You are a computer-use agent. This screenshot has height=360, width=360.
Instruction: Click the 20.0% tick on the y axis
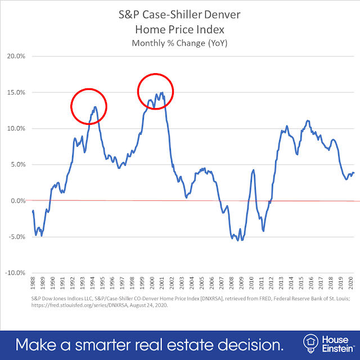pos(19,56)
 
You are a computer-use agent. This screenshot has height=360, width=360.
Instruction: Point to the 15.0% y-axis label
pos(19,92)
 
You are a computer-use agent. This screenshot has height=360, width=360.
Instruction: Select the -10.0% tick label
pos(17,273)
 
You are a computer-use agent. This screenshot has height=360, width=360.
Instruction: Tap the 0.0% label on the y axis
pos(20,201)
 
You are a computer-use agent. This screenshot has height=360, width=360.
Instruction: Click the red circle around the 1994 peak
pos(88,106)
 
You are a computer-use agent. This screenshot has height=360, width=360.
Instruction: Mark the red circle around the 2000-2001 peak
pos(156,91)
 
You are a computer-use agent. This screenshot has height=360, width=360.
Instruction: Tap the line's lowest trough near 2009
pos(242,240)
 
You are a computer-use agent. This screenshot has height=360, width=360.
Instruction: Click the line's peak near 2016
pos(307,120)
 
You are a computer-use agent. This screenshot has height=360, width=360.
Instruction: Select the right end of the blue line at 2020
pos(354,173)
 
